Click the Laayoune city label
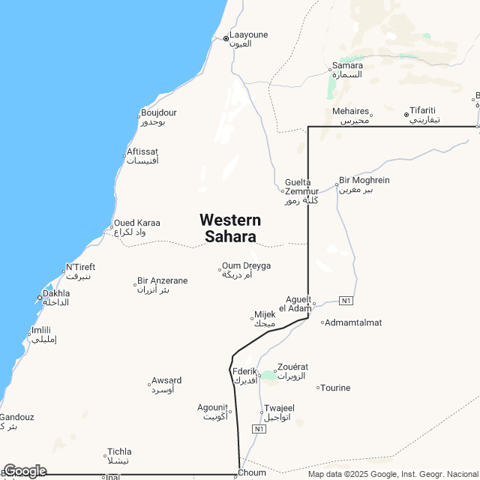tap(248, 39)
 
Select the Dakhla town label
tap(56, 298)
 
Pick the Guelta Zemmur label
tap(301, 191)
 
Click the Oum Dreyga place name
tap(246, 270)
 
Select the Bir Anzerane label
tap(162, 285)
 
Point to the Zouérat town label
tap(292, 371)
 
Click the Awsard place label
tap(166, 385)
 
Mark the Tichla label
tap(119, 456)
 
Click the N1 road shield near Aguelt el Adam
tap(346, 301)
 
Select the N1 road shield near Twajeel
tap(259, 428)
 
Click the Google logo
tap(24, 471)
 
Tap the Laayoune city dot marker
tap(226, 37)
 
